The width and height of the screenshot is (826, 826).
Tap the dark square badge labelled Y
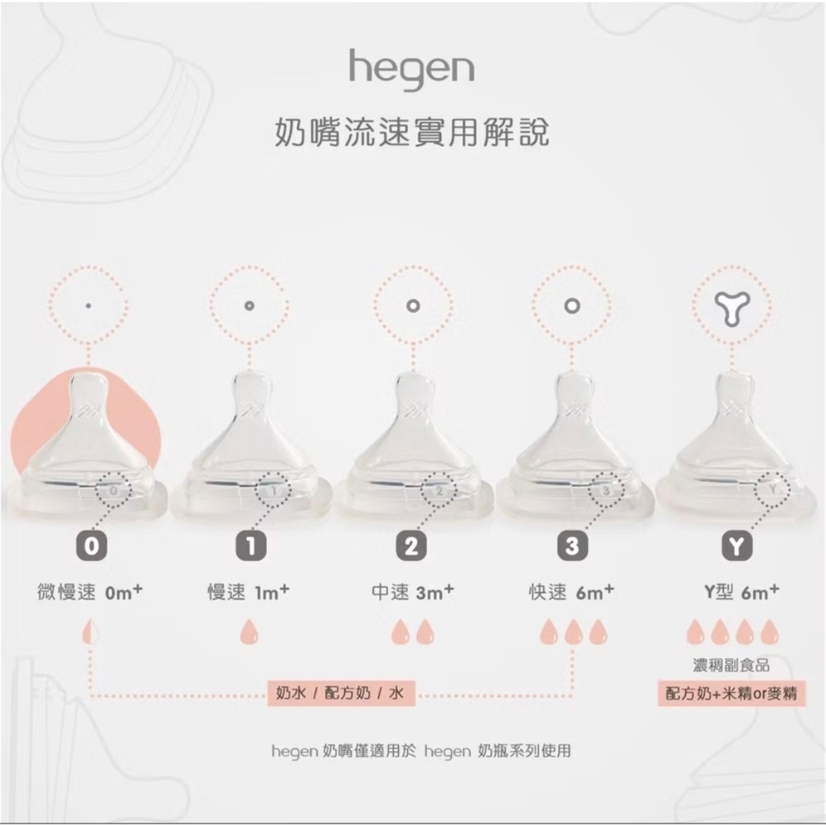tap(733, 546)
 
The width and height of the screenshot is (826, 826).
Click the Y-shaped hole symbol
tap(733, 306)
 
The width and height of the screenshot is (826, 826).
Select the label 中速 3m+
tap(412, 592)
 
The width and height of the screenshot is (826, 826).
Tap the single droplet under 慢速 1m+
tap(249, 633)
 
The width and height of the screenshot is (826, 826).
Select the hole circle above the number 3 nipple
tap(572, 306)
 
